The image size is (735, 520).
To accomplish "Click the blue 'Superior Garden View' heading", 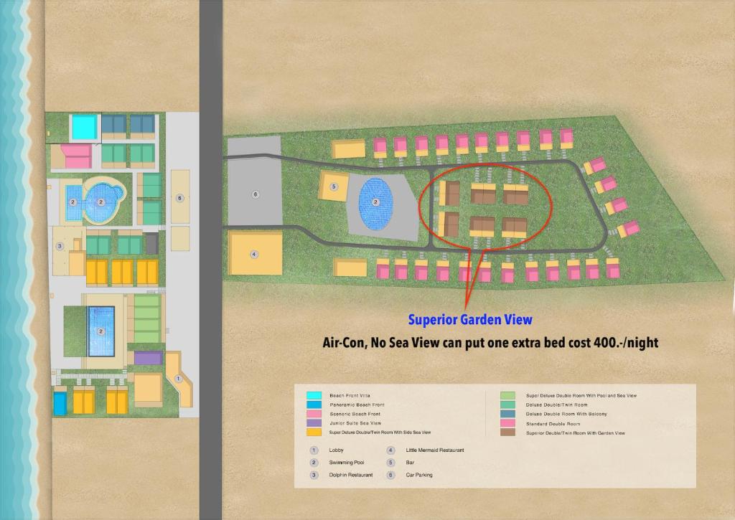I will (470, 320).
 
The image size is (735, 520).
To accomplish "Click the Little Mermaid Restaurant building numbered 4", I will (253, 253).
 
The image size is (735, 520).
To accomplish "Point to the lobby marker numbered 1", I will (179, 377).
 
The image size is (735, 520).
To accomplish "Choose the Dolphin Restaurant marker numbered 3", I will (60, 246).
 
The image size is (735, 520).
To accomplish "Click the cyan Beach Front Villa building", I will (84, 128).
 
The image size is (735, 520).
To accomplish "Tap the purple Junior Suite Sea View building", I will (148, 358).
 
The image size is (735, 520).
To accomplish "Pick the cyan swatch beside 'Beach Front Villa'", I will (314, 396).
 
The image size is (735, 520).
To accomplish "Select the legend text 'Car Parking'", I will (419, 475).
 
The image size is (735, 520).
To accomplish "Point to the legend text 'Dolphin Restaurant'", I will (350, 475).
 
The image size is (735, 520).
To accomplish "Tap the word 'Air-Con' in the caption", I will (343, 343).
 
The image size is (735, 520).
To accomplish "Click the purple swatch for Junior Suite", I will (314, 423).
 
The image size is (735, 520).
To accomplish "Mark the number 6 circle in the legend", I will (391, 475).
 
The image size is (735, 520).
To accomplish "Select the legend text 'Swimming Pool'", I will (346, 463).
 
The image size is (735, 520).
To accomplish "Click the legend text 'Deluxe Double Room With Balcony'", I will (566, 414).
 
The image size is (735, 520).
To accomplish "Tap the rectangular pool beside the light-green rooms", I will (100, 331).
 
